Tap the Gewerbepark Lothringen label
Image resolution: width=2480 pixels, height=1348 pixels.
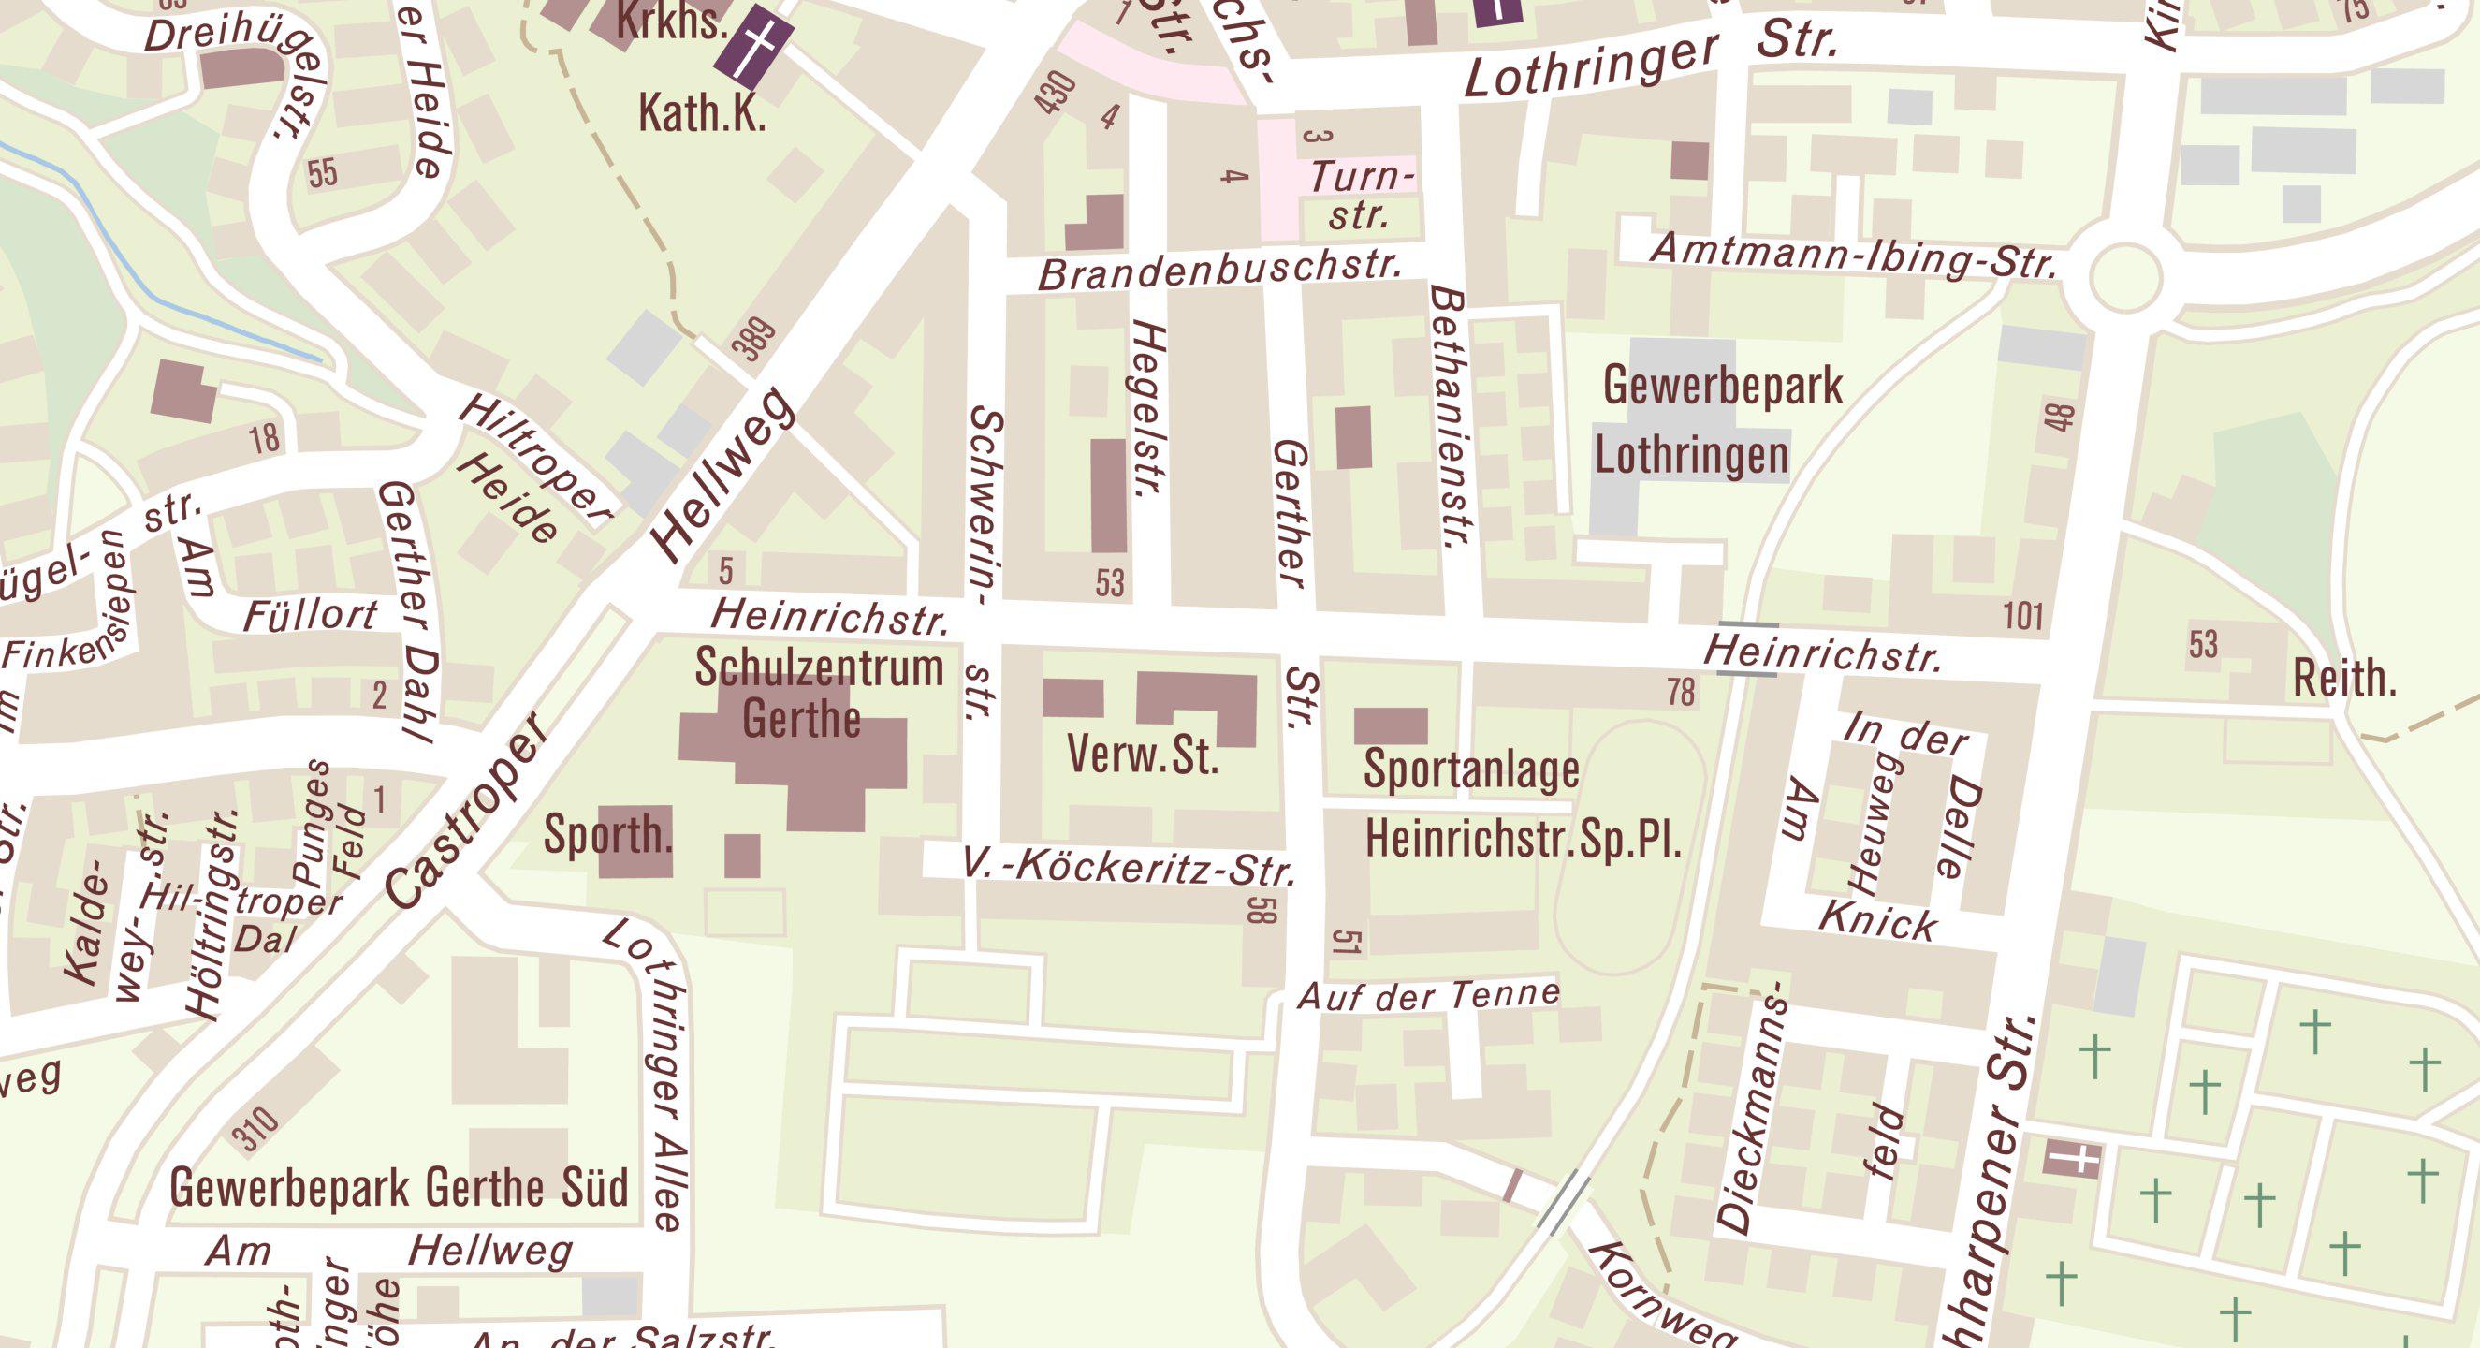click(x=1707, y=420)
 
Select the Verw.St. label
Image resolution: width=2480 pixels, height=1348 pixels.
click(x=1143, y=755)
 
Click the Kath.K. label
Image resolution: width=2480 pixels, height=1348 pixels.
click(x=702, y=113)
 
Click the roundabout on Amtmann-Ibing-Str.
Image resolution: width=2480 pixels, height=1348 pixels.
click(x=2124, y=277)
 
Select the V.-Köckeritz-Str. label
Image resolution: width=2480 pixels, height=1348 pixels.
click(x=1129, y=868)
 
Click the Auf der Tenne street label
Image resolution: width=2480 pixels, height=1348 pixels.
click(x=1429, y=995)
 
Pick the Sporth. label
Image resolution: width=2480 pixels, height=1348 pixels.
click(x=607, y=834)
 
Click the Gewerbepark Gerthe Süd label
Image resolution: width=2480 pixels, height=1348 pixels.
click(x=399, y=1187)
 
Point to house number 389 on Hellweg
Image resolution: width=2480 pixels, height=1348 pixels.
click(x=758, y=340)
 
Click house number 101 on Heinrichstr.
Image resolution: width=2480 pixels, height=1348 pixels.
click(x=2022, y=615)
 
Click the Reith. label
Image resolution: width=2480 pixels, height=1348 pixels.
click(x=2343, y=679)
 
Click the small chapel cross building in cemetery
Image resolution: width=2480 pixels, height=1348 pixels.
click(x=2071, y=1158)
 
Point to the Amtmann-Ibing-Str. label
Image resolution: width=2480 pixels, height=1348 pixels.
click(x=1853, y=256)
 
